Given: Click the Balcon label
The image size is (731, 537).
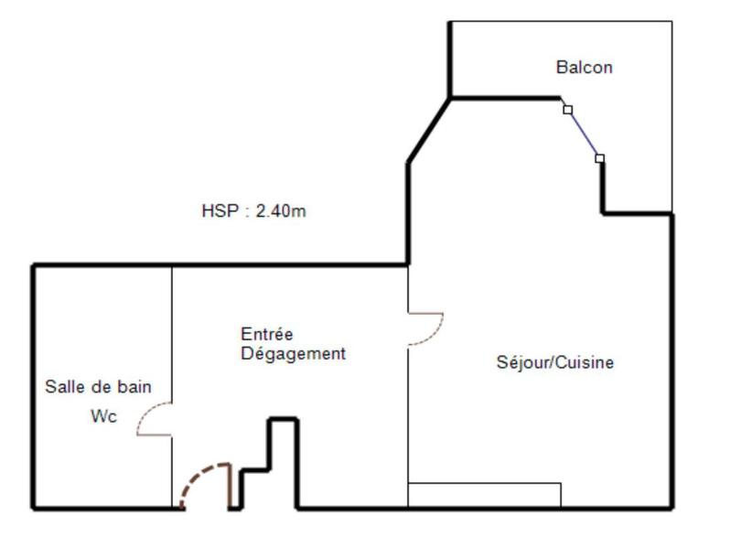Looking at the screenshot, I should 584,67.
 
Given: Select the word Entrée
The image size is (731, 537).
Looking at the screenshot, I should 267,335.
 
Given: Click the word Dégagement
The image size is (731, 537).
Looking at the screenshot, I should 293,353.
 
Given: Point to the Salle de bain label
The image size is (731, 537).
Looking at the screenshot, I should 98,387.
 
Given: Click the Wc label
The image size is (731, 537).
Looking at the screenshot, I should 104,416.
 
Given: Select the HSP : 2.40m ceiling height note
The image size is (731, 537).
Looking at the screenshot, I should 253,210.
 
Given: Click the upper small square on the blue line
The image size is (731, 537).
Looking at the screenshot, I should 567,109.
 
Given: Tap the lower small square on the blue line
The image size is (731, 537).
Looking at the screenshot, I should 599,158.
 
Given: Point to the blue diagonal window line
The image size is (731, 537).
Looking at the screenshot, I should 584,134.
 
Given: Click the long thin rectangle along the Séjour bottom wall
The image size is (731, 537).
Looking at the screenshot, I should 484,494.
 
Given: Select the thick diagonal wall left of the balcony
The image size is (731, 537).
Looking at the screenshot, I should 428,131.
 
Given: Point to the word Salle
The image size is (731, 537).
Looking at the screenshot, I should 63,387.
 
